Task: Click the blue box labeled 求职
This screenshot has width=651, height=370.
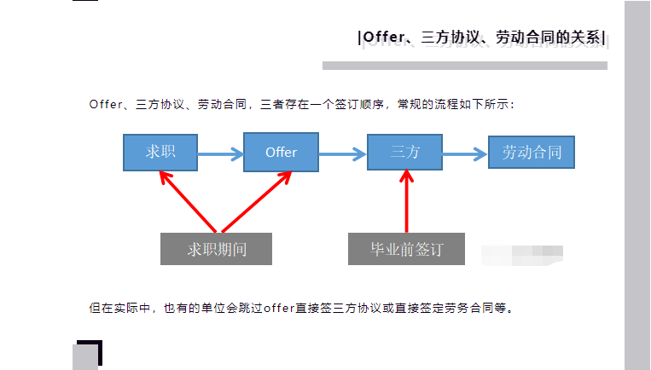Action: [x=160, y=153]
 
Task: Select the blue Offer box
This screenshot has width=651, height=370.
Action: [x=281, y=153]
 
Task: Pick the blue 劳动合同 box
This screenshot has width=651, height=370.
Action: [x=531, y=153]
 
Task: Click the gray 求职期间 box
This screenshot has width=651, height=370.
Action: [x=216, y=249]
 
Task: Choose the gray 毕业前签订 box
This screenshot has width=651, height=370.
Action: [x=407, y=249]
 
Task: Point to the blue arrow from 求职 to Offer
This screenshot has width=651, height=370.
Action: [x=220, y=154]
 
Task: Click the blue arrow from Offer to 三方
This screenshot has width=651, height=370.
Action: [x=342, y=154]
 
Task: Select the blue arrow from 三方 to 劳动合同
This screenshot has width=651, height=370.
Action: [x=465, y=154]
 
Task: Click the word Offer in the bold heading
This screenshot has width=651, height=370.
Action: [x=381, y=38]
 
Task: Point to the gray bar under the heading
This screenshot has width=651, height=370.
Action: [x=464, y=66]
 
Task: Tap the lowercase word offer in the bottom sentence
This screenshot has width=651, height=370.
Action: [x=278, y=308]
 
